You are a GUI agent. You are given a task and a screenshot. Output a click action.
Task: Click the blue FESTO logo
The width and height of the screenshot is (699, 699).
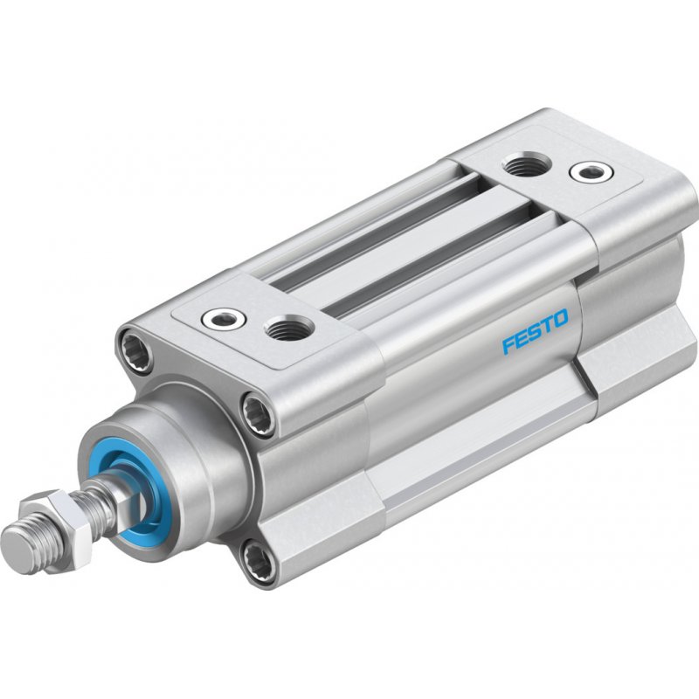pyautogui.click(x=536, y=331)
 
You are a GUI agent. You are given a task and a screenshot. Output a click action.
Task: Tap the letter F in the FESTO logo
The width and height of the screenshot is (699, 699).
pyautogui.click(x=509, y=344)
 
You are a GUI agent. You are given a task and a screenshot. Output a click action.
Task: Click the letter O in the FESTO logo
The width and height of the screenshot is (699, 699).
pyautogui.click(x=560, y=317)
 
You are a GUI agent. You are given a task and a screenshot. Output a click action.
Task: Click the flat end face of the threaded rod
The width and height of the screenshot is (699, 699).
pyautogui.click(x=17, y=546)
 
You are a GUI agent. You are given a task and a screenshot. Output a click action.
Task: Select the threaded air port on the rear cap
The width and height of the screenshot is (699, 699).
pyautogui.click(x=527, y=163)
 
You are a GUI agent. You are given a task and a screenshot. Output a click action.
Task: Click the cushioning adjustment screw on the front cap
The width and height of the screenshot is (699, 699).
pyautogui.click(x=224, y=318)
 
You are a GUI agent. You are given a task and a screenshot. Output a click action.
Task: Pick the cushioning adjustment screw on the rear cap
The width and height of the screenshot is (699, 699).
pyautogui.click(x=592, y=171)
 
